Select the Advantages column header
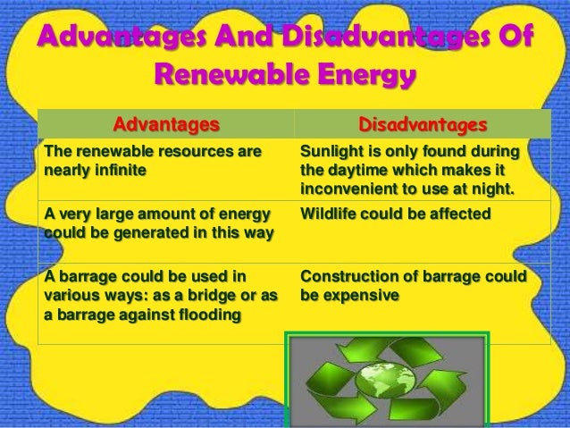click(x=163, y=121)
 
